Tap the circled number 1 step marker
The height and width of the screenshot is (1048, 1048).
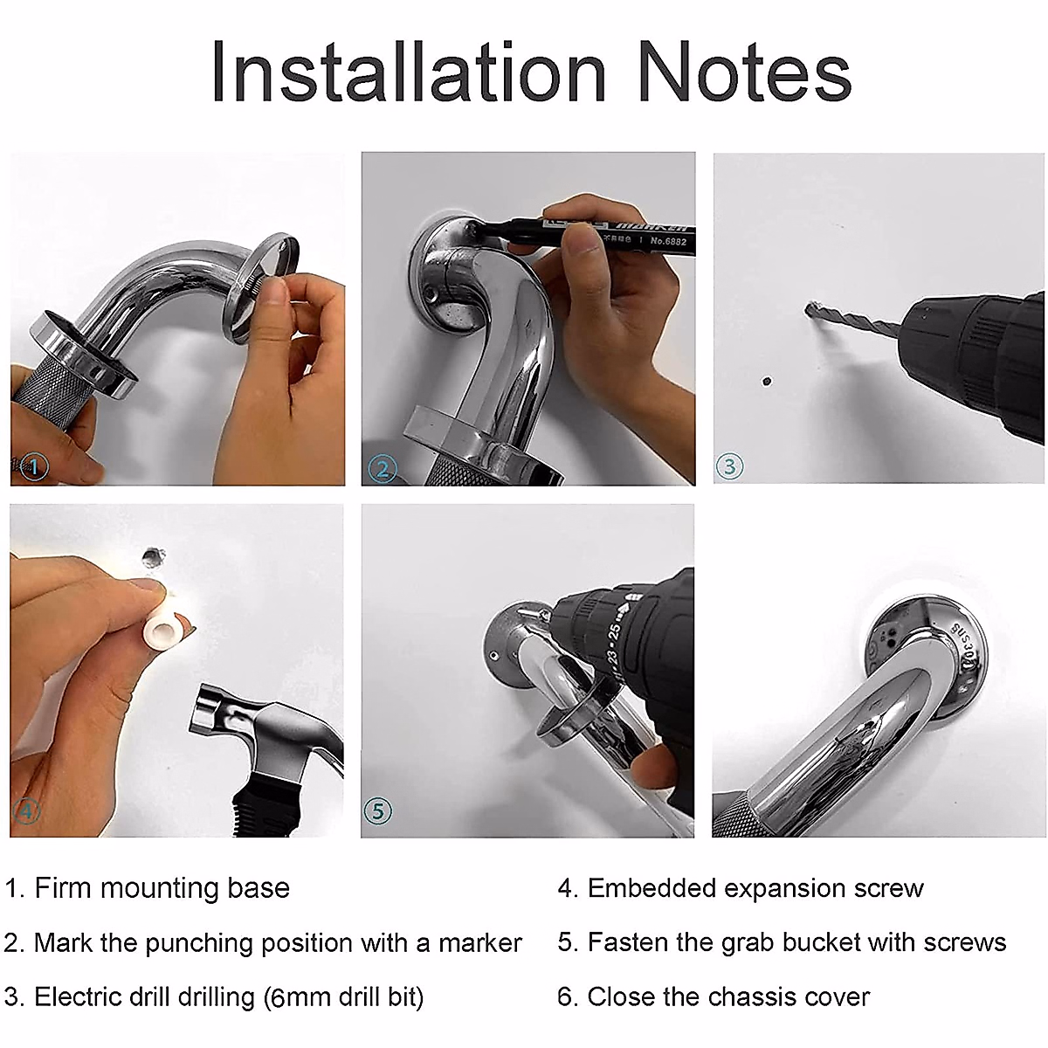pyautogui.click(x=32, y=467)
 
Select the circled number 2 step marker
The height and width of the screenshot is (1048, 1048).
pyautogui.click(x=383, y=469)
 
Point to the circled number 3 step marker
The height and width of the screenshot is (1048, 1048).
pyautogui.click(x=730, y=465)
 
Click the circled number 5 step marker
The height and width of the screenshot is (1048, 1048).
pyautogui.click(x=377, y=810)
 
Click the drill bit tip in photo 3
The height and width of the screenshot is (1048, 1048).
pyautogui.click(x=810, y=309)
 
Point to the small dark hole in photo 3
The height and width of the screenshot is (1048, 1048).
pyautogui.click(x=767, y=382)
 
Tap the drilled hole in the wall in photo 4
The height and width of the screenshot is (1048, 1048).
pyautogui.click(x=153, y=555)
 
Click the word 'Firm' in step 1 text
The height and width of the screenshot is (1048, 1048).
pyautogui.click(x=62, y=888)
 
